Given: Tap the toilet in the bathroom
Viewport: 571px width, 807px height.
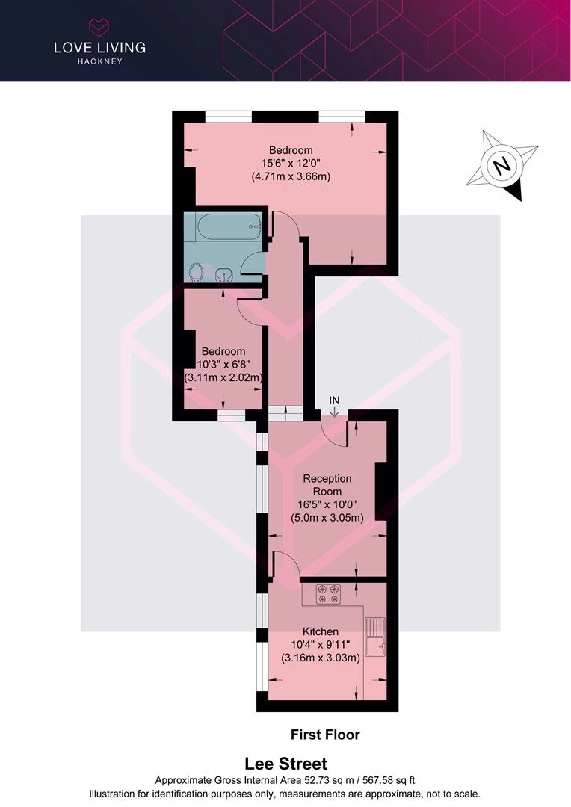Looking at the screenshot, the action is coord(197,273).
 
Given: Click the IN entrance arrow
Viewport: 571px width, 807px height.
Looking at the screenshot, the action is coord(334,411).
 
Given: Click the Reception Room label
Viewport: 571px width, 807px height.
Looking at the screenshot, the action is coord(327,485).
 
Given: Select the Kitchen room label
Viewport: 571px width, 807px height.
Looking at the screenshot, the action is coord(321,631).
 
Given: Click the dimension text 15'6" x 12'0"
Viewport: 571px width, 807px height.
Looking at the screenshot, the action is coord(291,164).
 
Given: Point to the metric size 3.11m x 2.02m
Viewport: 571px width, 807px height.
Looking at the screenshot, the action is coord(223,377).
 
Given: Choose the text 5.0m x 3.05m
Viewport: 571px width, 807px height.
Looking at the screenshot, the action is coord(327,517).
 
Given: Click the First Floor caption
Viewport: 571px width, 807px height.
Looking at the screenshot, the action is coord(325,735).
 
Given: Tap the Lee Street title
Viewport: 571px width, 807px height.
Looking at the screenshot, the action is coord(285,763).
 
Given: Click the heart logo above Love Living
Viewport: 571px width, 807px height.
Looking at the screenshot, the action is coord(99,27).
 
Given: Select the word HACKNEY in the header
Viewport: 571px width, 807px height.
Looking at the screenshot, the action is coord(100,61).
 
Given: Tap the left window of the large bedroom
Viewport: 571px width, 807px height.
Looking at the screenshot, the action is coord(228,117).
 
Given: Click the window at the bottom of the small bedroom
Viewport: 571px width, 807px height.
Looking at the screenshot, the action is coord(231,415).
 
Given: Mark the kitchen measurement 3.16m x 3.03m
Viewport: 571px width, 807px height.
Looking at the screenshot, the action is coord(321,658).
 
